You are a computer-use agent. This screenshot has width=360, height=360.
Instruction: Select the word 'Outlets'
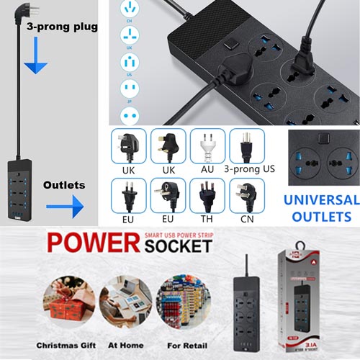point(64,185)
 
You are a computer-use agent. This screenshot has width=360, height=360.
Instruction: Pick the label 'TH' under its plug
point(208,217)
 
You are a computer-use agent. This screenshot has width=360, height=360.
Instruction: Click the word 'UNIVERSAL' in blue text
point(319,200)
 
